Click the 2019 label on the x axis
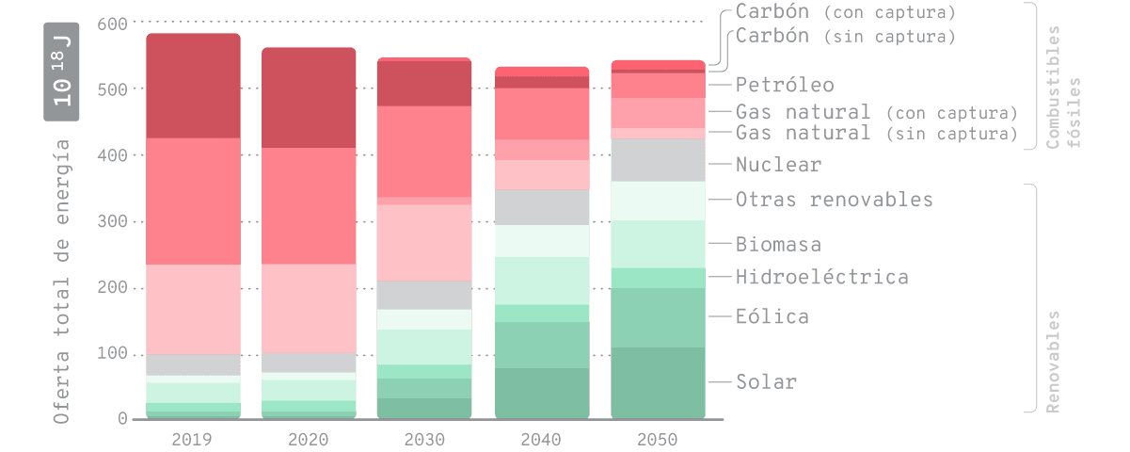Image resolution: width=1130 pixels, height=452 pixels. (193, 439)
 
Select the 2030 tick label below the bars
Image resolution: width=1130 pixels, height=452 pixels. (425, 439)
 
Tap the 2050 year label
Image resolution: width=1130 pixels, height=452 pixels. (658, 439)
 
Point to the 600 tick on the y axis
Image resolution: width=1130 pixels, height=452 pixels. (110, 23)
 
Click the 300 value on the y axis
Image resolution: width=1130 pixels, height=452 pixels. (110, 221)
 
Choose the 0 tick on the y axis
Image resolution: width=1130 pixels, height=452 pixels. (122, 419)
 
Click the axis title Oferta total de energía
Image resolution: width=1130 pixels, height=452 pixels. (62, 281)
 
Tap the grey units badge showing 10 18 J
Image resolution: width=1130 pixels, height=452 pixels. (62, 71)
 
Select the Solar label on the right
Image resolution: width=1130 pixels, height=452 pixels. (766, 382)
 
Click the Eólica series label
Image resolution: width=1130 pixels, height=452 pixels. (772, 316)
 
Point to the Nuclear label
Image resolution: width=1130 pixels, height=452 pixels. (778, 165)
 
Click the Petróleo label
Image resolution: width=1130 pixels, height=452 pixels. (785, 85)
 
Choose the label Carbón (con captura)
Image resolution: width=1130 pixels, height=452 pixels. (845, 12)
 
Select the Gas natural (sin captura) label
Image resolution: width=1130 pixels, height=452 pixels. (876, 133)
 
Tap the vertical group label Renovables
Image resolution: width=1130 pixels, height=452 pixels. (1053, 362)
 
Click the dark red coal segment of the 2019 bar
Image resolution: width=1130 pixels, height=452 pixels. (193, 87)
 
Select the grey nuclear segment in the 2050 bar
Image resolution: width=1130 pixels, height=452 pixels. (658, 160)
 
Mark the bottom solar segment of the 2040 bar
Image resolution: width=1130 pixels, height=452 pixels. (542, 393)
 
